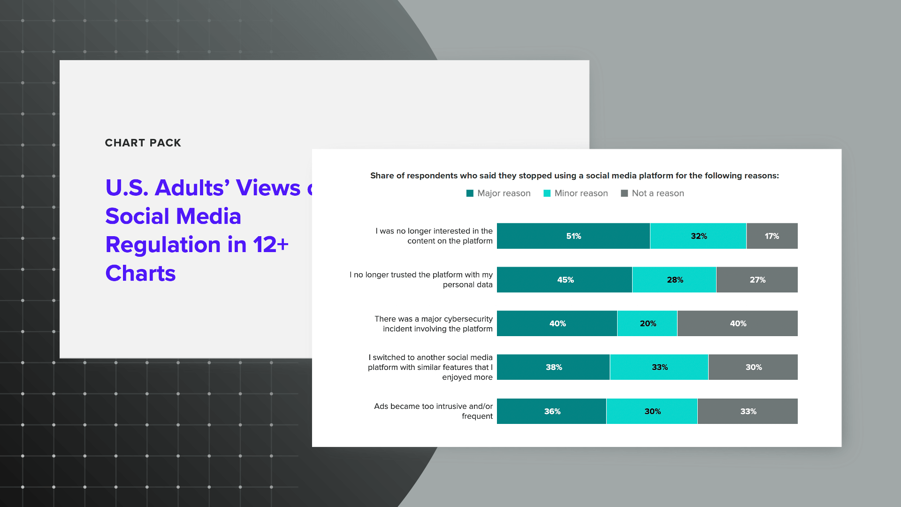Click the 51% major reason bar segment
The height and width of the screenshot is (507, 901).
(x=573, y=236)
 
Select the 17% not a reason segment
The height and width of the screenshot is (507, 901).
(x=771, y=236)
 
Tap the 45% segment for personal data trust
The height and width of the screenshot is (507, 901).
(x=565, y=280)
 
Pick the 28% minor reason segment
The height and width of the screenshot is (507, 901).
(x=674, y=280)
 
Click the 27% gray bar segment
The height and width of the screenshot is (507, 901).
(x=756, y=280)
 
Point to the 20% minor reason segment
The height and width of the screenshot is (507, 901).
(x=647, y=323)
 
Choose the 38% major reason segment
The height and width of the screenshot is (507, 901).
(x=553, y=367)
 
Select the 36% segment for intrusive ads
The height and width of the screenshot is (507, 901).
(x=551, y=411)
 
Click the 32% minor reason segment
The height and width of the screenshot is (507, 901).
(x=698, y=236)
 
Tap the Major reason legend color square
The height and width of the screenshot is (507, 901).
(x=470, y=193)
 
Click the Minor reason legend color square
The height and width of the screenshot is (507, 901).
(x=547, y=193)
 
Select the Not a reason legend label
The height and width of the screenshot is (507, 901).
(x=657, y=193)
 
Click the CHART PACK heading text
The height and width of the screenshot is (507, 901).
(x=143, y=143)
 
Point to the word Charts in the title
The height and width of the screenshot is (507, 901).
(x=140, y=273)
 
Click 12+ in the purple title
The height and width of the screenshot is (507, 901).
(x=270, y=245)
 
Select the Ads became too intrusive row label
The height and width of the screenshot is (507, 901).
(x=433, y=411)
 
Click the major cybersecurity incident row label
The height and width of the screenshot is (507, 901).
(x=433, y=323)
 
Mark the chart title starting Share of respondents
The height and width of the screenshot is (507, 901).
(x=574, y=176)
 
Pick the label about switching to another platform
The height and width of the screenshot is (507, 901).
(x=430, y=367)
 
